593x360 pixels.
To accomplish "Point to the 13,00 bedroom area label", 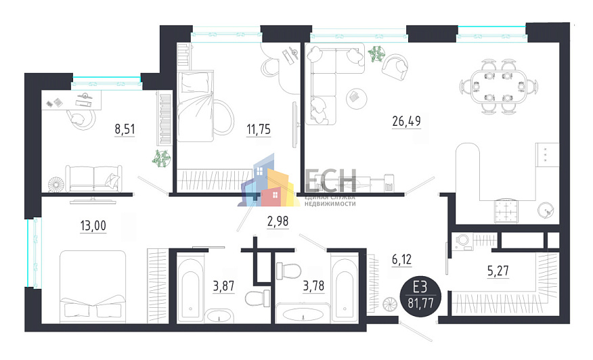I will click(x=93, y=226).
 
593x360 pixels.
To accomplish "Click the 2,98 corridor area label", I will click(x=278, y=220).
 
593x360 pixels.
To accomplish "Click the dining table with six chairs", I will click(x=500, y=87).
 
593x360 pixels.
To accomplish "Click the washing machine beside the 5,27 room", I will click(x=462, y=242).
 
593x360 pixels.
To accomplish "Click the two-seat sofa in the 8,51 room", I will click(x=95, y=179).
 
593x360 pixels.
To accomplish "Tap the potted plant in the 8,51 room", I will click(x=160, y=160).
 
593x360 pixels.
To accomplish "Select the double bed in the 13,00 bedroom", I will click(x=93, y=284).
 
